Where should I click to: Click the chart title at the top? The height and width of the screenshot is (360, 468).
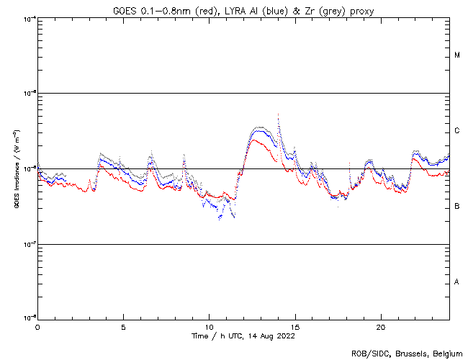coord(243,10)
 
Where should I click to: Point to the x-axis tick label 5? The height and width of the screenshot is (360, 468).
coord(123,326)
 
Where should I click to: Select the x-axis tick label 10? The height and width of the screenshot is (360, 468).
coord(209,326)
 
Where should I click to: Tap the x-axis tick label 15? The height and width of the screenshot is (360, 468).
coord(295,326)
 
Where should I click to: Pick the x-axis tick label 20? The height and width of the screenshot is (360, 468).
coord(381,326)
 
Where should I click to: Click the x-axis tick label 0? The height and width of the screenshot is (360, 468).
coord(37,326)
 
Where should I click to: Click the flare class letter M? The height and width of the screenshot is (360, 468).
coord(457,55)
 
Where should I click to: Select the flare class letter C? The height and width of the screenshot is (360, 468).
coord(457,131)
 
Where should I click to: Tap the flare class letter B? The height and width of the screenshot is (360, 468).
coord(457,207)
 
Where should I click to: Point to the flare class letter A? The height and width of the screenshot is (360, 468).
coord(457,282)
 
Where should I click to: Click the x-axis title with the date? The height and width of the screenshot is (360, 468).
coord(243,336)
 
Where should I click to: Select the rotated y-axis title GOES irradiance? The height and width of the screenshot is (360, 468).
coord(15,168)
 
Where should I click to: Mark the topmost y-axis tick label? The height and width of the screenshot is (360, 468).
coord(29,19)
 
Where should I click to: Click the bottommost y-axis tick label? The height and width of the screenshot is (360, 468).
coord(29,317)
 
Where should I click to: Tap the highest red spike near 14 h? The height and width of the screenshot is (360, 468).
coord(278,114)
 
